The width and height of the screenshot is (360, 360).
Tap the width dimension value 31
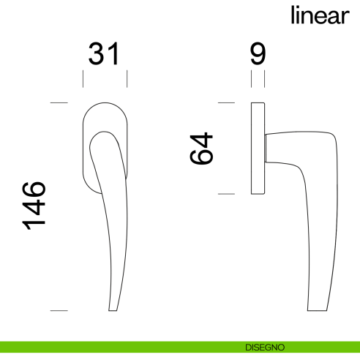click(104, 54)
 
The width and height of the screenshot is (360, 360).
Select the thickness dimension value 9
click(257, 53)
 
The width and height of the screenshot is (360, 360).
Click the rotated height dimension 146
click(35, 206)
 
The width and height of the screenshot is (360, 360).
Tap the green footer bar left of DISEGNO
click(110, 347)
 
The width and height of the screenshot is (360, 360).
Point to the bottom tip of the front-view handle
click(114, 308)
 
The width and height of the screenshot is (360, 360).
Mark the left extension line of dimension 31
click(83, 78)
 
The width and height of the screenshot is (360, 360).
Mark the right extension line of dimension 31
click(127, 78)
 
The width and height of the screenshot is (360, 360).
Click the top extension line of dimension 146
click(59, 104)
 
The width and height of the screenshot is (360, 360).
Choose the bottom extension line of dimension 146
click(59, 312)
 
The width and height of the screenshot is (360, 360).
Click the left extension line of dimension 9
click(251, 78)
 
